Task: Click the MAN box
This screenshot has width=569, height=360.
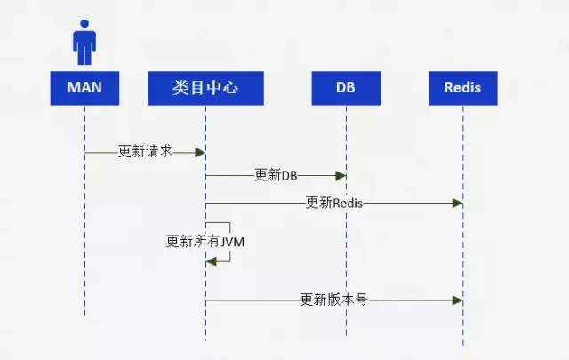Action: point(85,87)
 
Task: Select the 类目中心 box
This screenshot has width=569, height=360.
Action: point(205,87)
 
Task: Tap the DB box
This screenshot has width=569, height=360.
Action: point(345,87)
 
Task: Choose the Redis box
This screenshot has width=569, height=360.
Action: point(462,87)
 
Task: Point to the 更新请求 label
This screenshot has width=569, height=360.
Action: point(145,152)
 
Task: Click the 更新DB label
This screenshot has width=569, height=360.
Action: point(276,175)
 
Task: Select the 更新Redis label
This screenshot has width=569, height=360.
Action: point(333,203)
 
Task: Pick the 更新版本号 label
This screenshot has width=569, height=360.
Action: point(333,300)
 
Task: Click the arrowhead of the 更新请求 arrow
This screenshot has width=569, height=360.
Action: point(201,153)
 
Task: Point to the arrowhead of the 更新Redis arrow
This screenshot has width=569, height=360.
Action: point(458,204)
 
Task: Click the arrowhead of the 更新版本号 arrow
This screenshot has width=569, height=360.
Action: point(458,301)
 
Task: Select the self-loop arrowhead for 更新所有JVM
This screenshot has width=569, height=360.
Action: point(211,260)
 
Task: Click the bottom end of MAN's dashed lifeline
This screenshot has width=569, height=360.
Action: point(85,314)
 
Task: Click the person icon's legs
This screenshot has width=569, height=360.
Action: point(85,57)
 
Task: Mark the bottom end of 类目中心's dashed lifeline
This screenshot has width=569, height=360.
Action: point(206,340)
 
